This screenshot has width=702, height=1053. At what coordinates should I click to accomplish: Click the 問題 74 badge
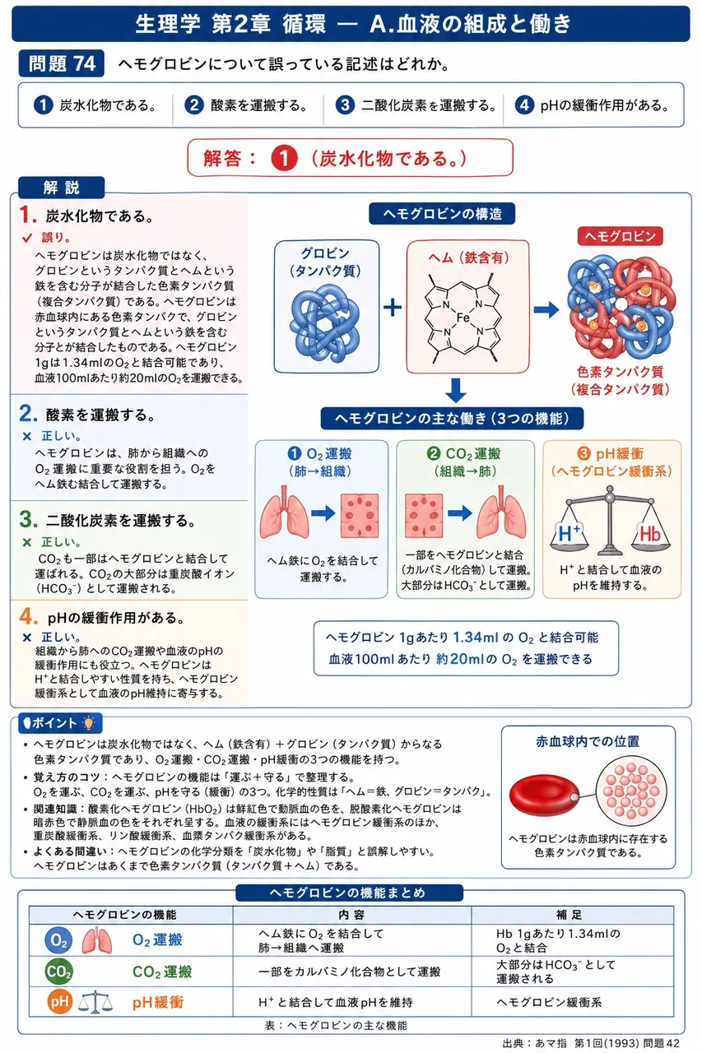[x=62, y=64]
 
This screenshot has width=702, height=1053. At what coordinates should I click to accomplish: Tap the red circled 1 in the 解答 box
[x=284, y=158]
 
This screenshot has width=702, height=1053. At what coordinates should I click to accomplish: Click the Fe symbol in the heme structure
[x=463, y=318]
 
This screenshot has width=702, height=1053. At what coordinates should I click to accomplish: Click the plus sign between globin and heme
[x=393, y=308]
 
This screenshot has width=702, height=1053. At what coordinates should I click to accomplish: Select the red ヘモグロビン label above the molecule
[x=621, y=236]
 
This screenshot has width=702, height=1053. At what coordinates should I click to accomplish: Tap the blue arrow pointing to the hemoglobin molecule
[x=546, y=309]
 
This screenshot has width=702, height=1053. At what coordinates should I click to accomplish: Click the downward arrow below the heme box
[x=456, y=390]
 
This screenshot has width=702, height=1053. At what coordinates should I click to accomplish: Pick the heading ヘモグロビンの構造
[x=442, y=214]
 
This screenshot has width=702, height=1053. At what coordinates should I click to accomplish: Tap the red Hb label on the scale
[x=650, y=535]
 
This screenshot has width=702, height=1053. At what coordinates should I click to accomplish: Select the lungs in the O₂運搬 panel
[x=285, y=513]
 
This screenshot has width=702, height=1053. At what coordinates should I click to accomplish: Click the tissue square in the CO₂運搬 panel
[x=424, y=515]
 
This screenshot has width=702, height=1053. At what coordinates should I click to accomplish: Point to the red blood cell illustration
[x=545, y=795]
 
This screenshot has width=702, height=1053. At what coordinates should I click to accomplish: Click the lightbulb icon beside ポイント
[x=88, y=723]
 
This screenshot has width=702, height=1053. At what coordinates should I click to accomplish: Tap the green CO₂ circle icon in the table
[x=58, y=972]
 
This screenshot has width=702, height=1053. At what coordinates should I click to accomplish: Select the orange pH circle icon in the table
[x=60, y=1002]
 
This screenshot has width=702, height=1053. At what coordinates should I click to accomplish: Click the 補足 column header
[x=569, y=914]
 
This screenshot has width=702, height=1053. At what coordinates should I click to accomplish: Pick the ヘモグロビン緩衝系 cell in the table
[x=549, y=1002]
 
